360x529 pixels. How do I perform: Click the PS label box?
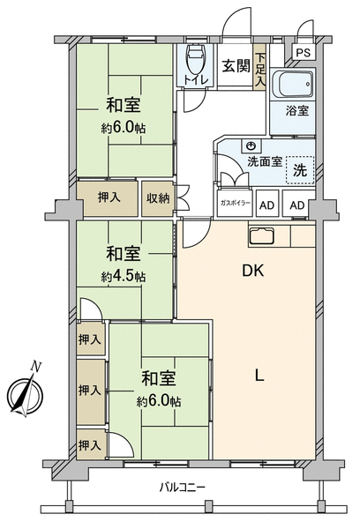(304, 53)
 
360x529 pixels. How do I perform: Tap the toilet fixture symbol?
(196, 59)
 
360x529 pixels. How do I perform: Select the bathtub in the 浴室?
(293, 84)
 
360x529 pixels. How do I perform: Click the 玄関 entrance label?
(236, 66)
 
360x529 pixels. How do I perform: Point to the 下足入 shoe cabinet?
(259, 67)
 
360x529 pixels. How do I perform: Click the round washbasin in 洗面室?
(251, 145)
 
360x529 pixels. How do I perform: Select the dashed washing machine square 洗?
(300, 169)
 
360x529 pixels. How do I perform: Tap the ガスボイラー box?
(235, 204)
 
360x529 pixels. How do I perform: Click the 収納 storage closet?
(158, 198)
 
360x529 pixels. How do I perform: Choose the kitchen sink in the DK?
(261, 236)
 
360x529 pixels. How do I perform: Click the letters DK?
(253, 271)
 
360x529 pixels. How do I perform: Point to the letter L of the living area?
(259, 376)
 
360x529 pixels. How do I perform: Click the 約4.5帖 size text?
(124, 277)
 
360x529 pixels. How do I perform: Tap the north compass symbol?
(26, 395)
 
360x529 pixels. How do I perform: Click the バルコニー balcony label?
(183, 488)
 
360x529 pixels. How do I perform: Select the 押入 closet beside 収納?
(108, 198)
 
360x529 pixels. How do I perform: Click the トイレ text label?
(196, 80)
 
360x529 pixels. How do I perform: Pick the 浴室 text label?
(297, 110)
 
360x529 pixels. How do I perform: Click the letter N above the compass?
(35, 366)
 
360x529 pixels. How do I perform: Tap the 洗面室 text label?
(265, 162)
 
